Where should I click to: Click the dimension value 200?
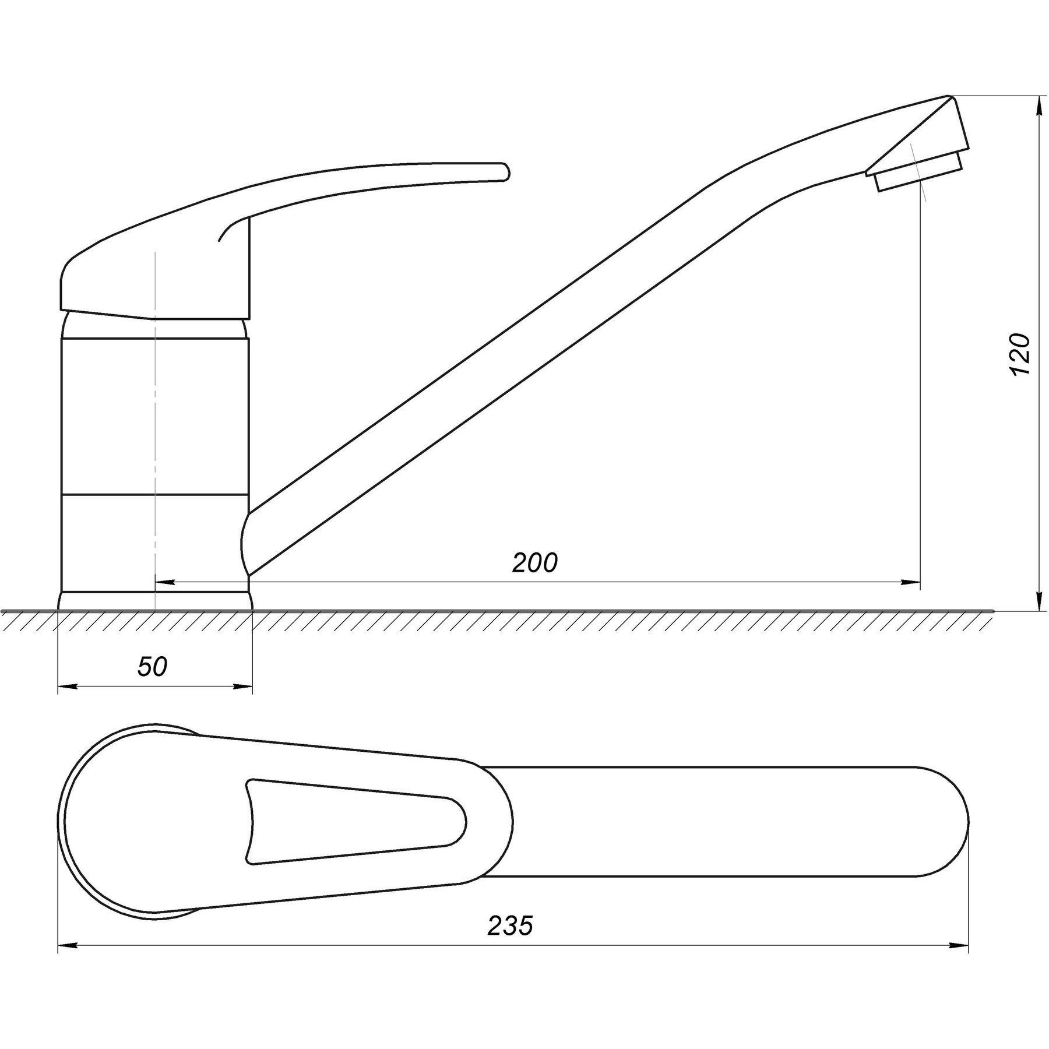(x=534, y=563)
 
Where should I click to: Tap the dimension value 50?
(x=152, y=667)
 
